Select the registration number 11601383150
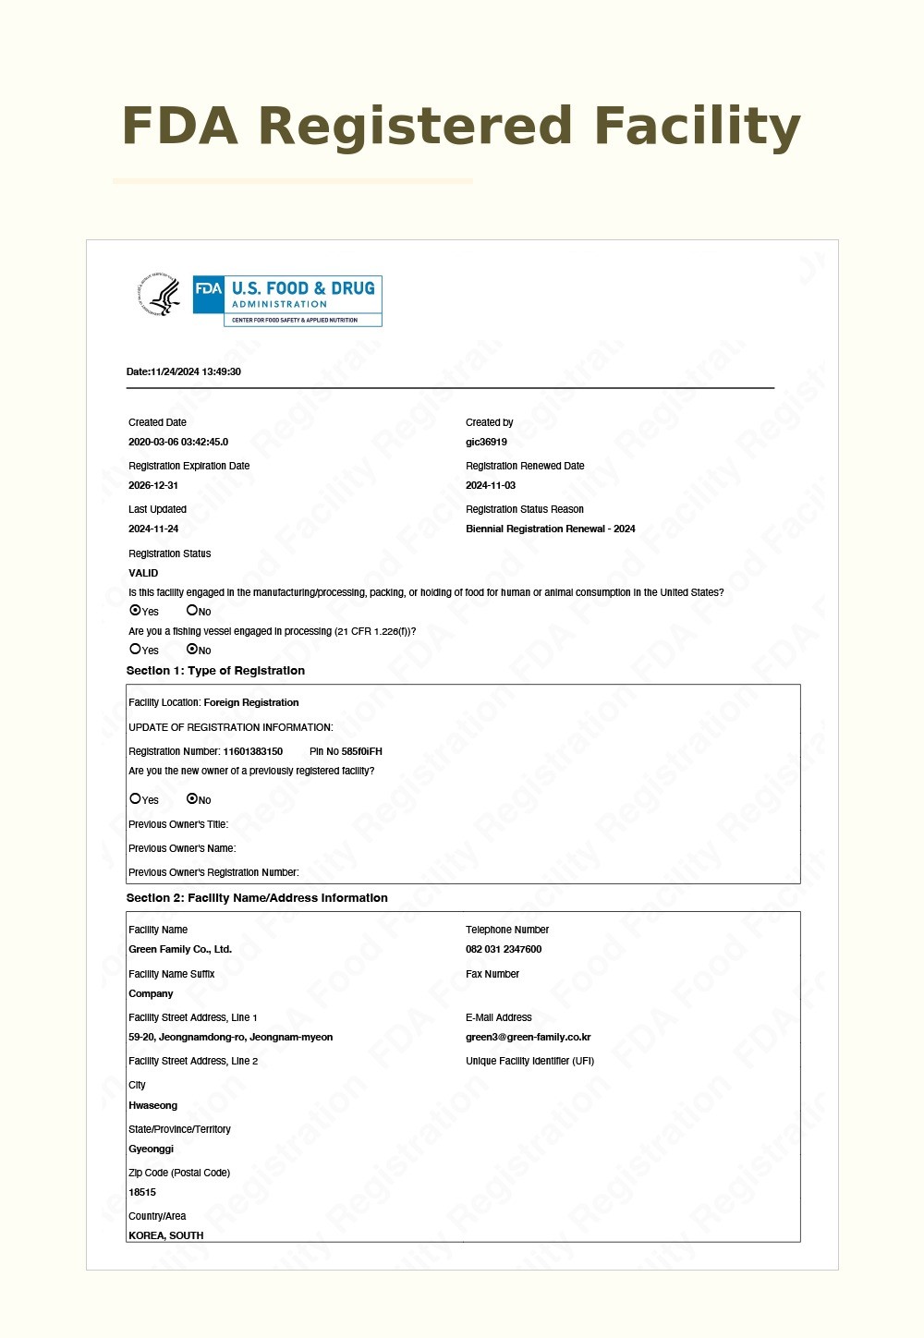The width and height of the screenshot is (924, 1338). coord(252,751)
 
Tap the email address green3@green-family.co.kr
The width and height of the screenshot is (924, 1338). coord(528,1037)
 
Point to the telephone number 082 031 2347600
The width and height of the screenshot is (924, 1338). coord(504,949)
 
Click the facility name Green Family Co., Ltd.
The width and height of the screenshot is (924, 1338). coord(180,949)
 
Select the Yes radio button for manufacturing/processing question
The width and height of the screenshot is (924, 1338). coord(136,611)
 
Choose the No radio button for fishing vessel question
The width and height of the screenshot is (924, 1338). coord(192,650)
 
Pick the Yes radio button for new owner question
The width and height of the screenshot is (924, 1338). coord(136,799)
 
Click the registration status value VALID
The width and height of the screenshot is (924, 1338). coord(143,573)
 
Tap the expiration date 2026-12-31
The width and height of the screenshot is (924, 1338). coord(153,485)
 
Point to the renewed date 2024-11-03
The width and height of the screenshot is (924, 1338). coord(491,485)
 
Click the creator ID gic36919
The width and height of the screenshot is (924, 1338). coord(486,442)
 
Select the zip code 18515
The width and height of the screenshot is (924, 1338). coord(142,1192)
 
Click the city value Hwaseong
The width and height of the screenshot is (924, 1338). coord(152,1105)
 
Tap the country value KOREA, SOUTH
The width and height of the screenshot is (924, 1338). coord(166,1235)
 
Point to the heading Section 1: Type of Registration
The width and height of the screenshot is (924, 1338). coord(215,671)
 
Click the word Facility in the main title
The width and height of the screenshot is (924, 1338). coord(697,127)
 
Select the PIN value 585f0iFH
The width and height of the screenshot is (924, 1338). coord(361,751)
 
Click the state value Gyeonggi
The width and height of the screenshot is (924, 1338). coord(151,1149)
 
